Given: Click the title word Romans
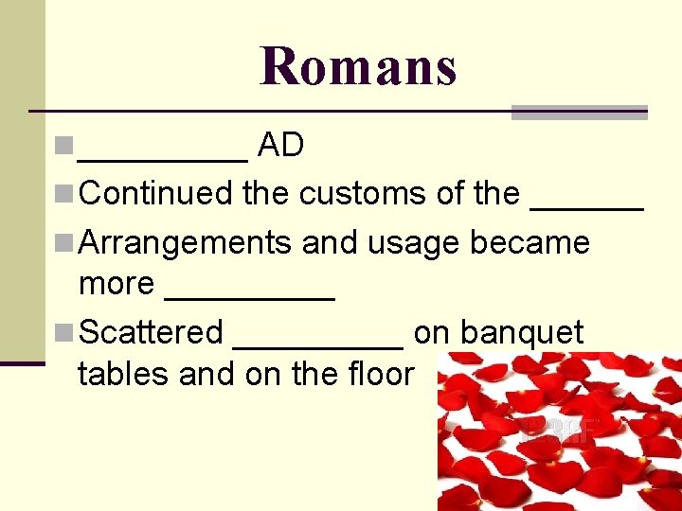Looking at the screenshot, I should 358,66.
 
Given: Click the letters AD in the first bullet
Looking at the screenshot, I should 280,145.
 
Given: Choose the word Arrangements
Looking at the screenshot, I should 186,243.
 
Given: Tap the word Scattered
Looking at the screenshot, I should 152,333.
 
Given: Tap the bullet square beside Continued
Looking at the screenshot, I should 66,194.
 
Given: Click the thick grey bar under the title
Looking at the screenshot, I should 579,113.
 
